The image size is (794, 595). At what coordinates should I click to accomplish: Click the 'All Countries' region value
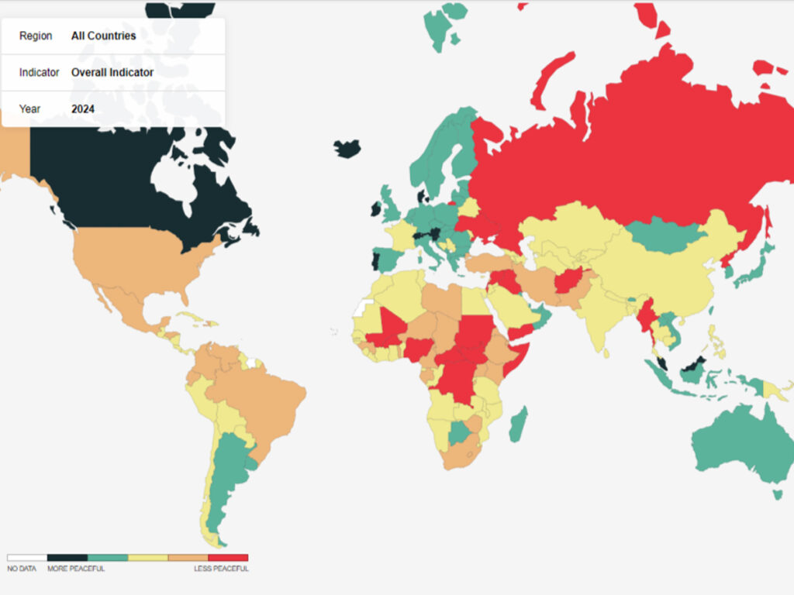pyautogui.click(x=103, y=36)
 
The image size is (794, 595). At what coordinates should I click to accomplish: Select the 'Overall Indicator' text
pyautogui.click(x=112, y=72)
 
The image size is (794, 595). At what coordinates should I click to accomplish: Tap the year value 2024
pyautogui.click(x=83, y=109)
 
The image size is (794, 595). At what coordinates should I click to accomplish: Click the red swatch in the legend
pyautogui.click(x=228, y=557)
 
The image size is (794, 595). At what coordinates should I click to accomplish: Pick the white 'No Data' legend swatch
pyautogui.click(x=27, y=557)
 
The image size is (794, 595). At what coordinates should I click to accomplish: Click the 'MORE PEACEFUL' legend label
pyautogui.click(x=76, y=569)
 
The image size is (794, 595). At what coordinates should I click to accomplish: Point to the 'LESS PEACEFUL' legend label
pyautogui.click(x=221, y=569)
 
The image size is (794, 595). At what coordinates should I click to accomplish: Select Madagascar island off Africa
pyautogui.click(x=519, y=424)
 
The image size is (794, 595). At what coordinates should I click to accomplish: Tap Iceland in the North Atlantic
pyautogui.click(x=347, y=149)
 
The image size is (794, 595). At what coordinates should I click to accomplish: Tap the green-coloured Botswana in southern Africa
pyautogui.click(x=460, y=432)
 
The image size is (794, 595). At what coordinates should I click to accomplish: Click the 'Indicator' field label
pyautogui.click(x=39, y=72)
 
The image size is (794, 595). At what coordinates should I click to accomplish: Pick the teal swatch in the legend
pyautogui.click(x=107, y=557)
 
